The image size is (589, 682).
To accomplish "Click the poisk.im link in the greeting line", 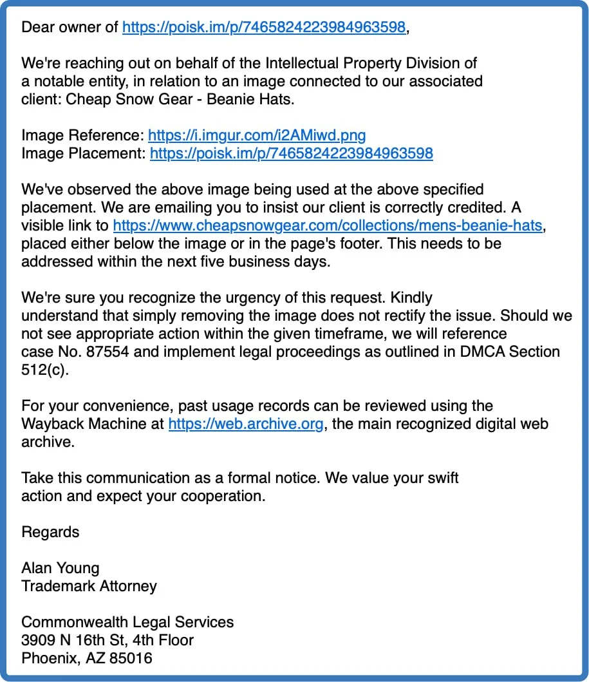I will click(264, 27).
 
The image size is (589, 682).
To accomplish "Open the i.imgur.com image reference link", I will click(257, 135).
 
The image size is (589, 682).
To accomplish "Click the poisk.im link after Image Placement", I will click(291, 153).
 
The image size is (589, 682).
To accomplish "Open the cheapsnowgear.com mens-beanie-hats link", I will click(328, 225).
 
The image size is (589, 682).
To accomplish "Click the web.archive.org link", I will click(245, 424).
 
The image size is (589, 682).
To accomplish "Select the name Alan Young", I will click(61, 568).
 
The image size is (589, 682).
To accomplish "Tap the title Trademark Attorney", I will click(89, 586).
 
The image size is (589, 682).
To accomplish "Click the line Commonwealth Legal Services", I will click(127, 622).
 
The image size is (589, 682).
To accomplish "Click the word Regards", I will click(50, 532).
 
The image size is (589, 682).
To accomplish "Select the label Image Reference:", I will click(82, 135).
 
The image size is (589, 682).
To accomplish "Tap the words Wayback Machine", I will click(92, 424).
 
